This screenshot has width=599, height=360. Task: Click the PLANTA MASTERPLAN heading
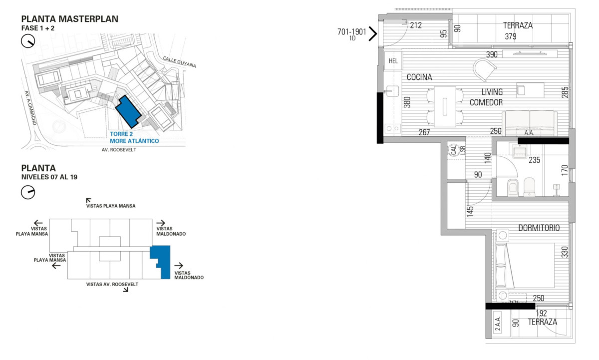pyautogui.click(x=69, y=19)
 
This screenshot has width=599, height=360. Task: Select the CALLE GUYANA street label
pyautogui.click(x=179, y=61)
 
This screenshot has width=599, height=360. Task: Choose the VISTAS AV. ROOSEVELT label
pyautogui.click(x=112, y=284)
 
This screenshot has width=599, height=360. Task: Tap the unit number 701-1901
pyautogui.click(x=352, y=31)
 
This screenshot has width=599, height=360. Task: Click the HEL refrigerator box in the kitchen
pyautogui.click(x=393, y=61)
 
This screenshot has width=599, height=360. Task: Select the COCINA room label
pyautogui.click(x=419, y=77)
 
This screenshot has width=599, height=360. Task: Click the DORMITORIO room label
pyautogui.click(x=539, y=228)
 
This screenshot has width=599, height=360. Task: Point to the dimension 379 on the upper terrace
pyautogui.click(x=510, y=36)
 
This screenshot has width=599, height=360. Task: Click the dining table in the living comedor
pyautogui.click(x=445, y=106)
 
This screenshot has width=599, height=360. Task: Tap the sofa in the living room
pyautogui.click(x=530, y=121)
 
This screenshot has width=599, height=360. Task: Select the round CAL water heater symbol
pyautogui.click(x=454, y=150)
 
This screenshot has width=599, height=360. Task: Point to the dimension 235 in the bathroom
pyautogui.click(x=535, y=160)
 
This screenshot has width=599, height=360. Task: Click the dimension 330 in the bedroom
pyautogui.click(x=565, y=251)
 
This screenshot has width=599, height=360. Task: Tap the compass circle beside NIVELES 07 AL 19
pyautogui.click(x=28, y=192)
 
